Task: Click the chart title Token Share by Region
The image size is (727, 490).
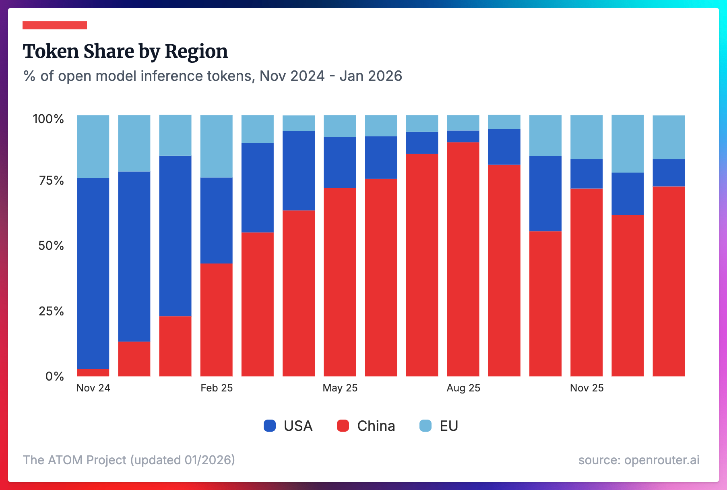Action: [x=125, y=51]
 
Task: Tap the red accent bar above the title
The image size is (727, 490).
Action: [x=55, y=25]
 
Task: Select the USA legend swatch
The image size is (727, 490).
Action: [x=270, y=426]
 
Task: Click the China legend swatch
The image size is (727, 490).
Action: [x=343, y=426]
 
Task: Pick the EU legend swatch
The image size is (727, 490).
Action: [x=425, y=426]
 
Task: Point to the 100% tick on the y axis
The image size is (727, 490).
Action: [x=48, y=119]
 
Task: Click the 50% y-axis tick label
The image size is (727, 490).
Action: [x=51, y=246]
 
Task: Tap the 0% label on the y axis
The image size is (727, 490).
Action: [x=54, y=376]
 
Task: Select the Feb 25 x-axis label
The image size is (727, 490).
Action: [x=217, y=388]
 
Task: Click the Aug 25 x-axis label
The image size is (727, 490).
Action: [x=463, y=388]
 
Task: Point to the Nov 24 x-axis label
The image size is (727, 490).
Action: [x=93, y=388]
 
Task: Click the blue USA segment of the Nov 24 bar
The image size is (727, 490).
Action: [x=93, y=274]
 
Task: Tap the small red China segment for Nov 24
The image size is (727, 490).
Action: [x=93, y=373]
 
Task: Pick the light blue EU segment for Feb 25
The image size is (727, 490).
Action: [x=217, y=146]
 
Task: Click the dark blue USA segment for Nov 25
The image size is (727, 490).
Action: [x=587, y=174]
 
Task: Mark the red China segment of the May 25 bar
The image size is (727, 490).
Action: [x=340, y=282]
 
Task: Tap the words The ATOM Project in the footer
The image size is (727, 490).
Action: [x=74, y=460]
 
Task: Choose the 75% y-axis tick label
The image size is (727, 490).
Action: [x=51, y=181]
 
